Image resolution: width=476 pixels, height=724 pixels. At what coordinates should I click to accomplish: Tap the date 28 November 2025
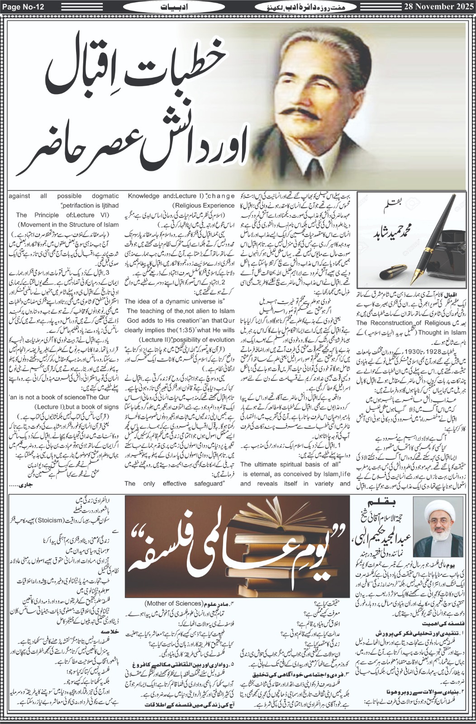pyautogui.click(x=437, y=7)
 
